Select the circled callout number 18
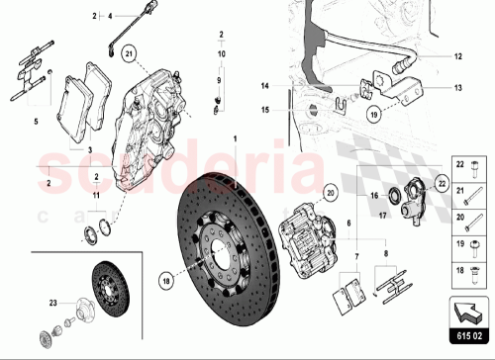[165, 280]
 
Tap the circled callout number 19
[374, 114]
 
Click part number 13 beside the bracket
[457, 86]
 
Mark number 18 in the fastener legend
[458, 268]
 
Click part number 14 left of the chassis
[265, 86]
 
